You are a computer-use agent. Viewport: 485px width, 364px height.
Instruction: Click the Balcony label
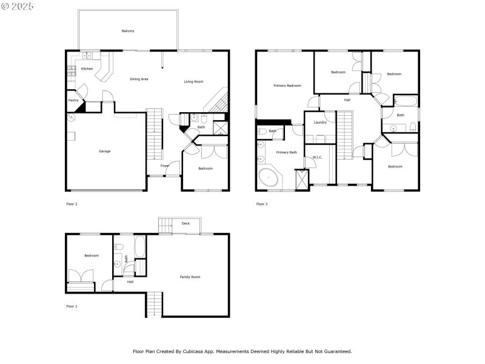(127, 31)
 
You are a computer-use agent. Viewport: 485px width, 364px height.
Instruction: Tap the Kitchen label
(87, 69)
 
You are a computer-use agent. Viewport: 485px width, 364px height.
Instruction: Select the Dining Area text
(139, 79)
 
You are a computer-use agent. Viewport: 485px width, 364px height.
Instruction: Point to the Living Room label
(193, 81)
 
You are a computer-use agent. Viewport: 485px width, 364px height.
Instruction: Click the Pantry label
(73, 100)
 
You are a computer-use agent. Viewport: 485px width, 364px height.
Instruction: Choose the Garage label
(105, 151)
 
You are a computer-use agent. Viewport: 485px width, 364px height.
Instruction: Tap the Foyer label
(164, 166)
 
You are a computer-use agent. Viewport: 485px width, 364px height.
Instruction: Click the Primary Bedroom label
(287, 86)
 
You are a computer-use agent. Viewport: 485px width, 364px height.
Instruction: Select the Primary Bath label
(286, 152)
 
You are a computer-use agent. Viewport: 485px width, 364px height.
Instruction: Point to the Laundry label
(320, 123)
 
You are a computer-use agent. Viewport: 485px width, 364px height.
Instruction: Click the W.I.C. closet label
(317, 157)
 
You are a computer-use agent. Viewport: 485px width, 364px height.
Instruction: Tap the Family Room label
(190, 277)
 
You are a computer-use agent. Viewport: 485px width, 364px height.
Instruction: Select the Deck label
(186, 223)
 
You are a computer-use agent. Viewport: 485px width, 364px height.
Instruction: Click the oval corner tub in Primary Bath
(269, 179)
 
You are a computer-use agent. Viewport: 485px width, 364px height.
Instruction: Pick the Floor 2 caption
(72, 204)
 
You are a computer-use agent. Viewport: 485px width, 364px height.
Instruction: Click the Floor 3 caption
(261, 204)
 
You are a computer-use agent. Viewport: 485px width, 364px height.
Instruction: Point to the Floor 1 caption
(72, 306)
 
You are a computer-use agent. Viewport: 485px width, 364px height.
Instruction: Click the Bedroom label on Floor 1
(92, 255)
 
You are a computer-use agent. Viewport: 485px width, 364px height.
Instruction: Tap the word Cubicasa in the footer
(209, 351)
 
